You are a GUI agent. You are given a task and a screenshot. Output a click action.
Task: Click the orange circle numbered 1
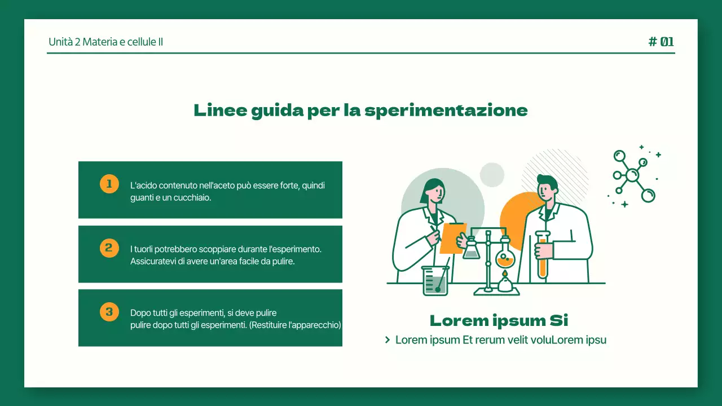click(109, 184)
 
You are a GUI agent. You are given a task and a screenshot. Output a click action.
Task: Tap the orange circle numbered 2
click(109, 248)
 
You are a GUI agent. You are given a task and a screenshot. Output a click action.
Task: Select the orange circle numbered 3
click(109, 311)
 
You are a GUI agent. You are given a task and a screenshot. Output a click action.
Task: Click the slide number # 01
click(661, 42)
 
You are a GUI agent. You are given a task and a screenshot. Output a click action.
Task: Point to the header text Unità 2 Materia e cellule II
click(106, 42)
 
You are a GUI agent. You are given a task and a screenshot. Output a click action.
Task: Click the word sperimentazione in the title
click(446, 110)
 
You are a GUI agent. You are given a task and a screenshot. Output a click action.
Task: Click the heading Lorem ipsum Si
click(499, 321)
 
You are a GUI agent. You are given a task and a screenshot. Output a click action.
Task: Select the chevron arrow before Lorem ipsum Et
click(388, 340)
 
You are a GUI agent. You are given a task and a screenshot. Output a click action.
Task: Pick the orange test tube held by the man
click(543, 257)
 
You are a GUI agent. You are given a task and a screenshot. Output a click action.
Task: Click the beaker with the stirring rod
click(435, 280)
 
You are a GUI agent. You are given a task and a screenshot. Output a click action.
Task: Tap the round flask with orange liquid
click(505, 258)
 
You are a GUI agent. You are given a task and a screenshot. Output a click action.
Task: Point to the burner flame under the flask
click(505, 275)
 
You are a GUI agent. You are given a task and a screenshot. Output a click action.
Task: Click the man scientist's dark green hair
click(548, 181)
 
